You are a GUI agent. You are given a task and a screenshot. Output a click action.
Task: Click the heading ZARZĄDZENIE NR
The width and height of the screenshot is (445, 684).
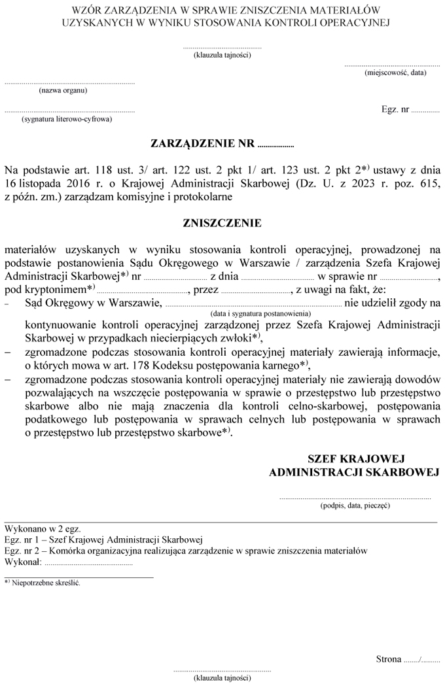[204, 142]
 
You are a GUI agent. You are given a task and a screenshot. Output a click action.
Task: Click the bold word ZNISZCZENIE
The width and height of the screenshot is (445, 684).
[222, 223]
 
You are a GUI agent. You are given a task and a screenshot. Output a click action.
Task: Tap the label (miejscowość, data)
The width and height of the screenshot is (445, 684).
[395, 73]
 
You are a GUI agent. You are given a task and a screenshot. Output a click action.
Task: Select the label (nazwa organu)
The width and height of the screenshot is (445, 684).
[63, 91]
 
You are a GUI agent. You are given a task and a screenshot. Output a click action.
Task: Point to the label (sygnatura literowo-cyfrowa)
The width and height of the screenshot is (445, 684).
[66, 120]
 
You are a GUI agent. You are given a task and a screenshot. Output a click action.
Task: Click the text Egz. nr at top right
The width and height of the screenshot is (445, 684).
[395, 110]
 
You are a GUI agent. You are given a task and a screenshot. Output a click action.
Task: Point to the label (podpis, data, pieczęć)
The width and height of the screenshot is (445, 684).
[355, 505]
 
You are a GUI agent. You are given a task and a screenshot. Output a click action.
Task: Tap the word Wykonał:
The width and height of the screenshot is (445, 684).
[23, 562]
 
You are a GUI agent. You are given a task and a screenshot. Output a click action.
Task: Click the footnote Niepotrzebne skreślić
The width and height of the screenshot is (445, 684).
[46, 583]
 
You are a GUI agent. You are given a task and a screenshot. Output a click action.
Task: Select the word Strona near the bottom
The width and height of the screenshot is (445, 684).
[389, 659]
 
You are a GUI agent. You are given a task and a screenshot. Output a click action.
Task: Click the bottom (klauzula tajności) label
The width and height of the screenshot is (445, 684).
[222, 678]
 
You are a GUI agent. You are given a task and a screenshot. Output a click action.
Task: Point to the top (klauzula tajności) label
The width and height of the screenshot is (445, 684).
[222, 54]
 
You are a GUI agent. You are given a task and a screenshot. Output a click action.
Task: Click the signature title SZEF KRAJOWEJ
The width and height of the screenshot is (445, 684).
[357, 458]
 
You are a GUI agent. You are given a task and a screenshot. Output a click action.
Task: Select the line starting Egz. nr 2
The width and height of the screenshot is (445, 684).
[185, 551]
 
